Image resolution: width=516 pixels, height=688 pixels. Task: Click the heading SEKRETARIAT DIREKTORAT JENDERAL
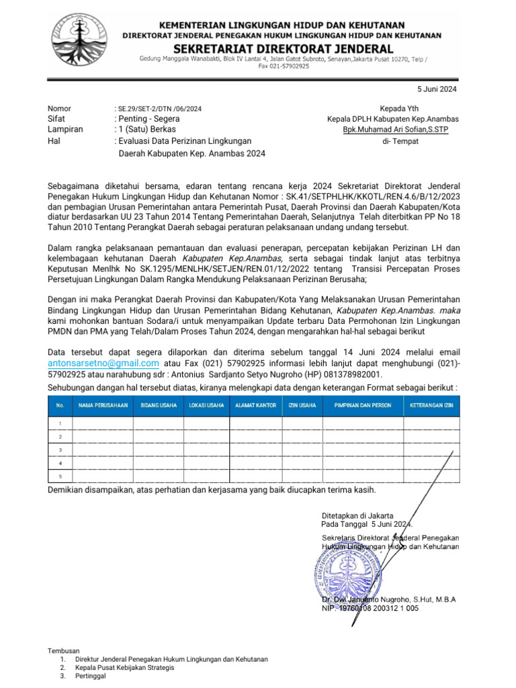[x=283, y=48]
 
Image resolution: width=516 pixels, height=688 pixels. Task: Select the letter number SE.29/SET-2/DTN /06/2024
[x=158, y=109]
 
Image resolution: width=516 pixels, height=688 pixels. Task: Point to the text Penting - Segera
[x=149, y=119]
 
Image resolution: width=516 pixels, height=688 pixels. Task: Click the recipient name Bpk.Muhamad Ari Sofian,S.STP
[x=395, y=130]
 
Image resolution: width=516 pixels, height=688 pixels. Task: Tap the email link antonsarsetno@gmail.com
[x=103, y=363]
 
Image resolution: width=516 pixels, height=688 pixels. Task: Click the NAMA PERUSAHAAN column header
[x=103, y=406]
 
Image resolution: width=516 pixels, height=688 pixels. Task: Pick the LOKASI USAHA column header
[x=206, y=406]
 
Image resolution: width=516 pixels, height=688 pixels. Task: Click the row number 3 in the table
[x=60, y=449]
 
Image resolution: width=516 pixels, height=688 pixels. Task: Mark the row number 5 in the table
[x=60, y=476]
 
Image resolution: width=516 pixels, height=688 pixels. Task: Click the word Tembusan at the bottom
[x=63, y=650]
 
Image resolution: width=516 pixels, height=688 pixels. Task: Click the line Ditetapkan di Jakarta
[x=355, y=515]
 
